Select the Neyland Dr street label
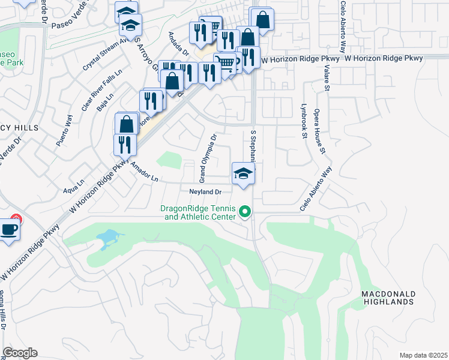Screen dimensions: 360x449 tap(206, 192)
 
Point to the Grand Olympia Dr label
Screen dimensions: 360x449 tap(208, 158)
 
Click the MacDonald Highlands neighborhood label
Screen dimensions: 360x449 tap(388, 298)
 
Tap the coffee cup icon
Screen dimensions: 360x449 tap(8, 230)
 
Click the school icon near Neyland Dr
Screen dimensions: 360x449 tap(243, 173)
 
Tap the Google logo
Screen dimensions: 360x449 tap(20, 353)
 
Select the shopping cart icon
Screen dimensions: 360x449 tap(224, 62)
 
